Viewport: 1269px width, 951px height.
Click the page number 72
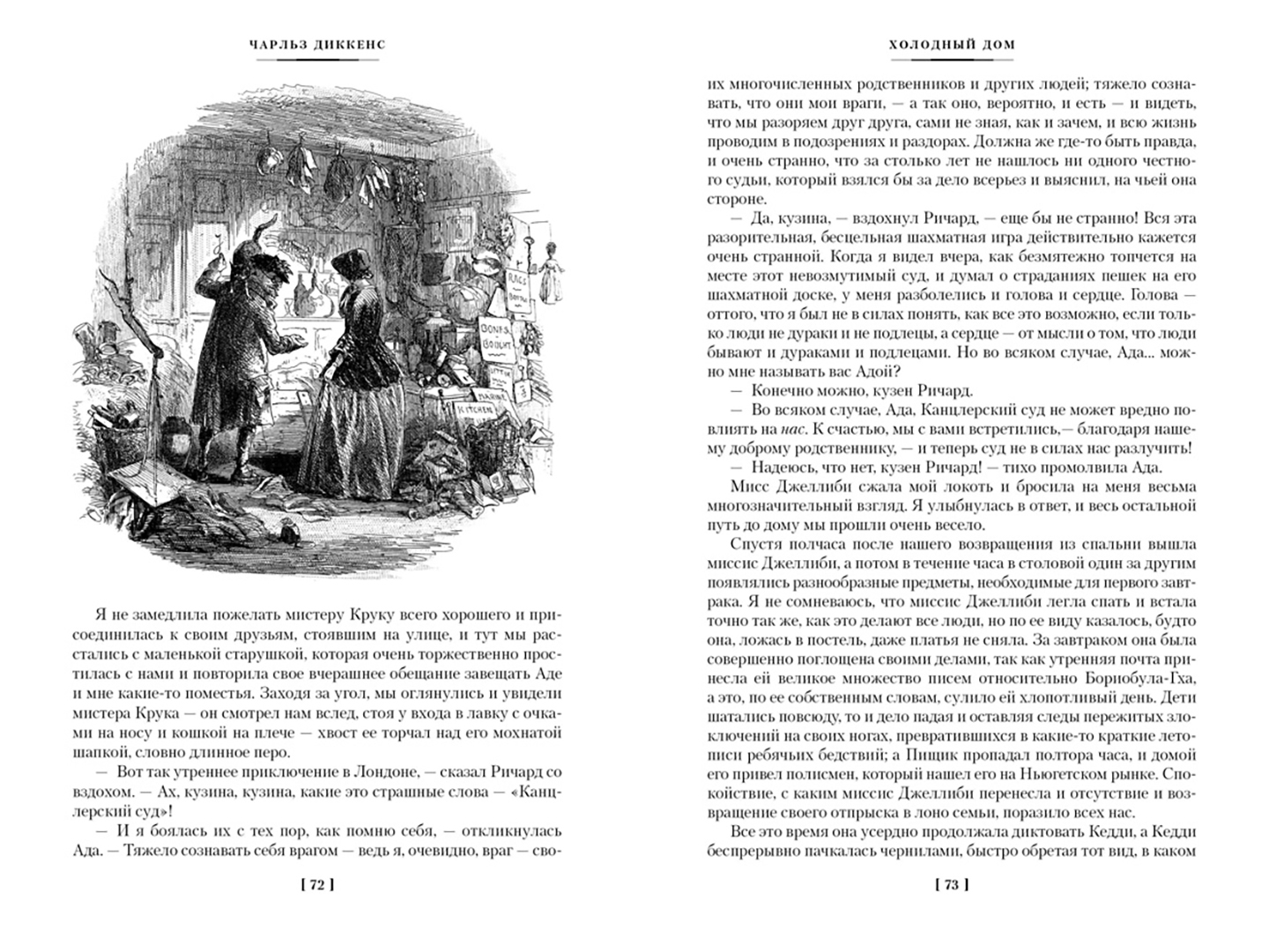click(x=317, y=885)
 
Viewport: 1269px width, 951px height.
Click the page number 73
click(x=951, y=885)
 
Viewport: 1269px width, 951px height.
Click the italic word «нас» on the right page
click(x=790, y=429)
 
